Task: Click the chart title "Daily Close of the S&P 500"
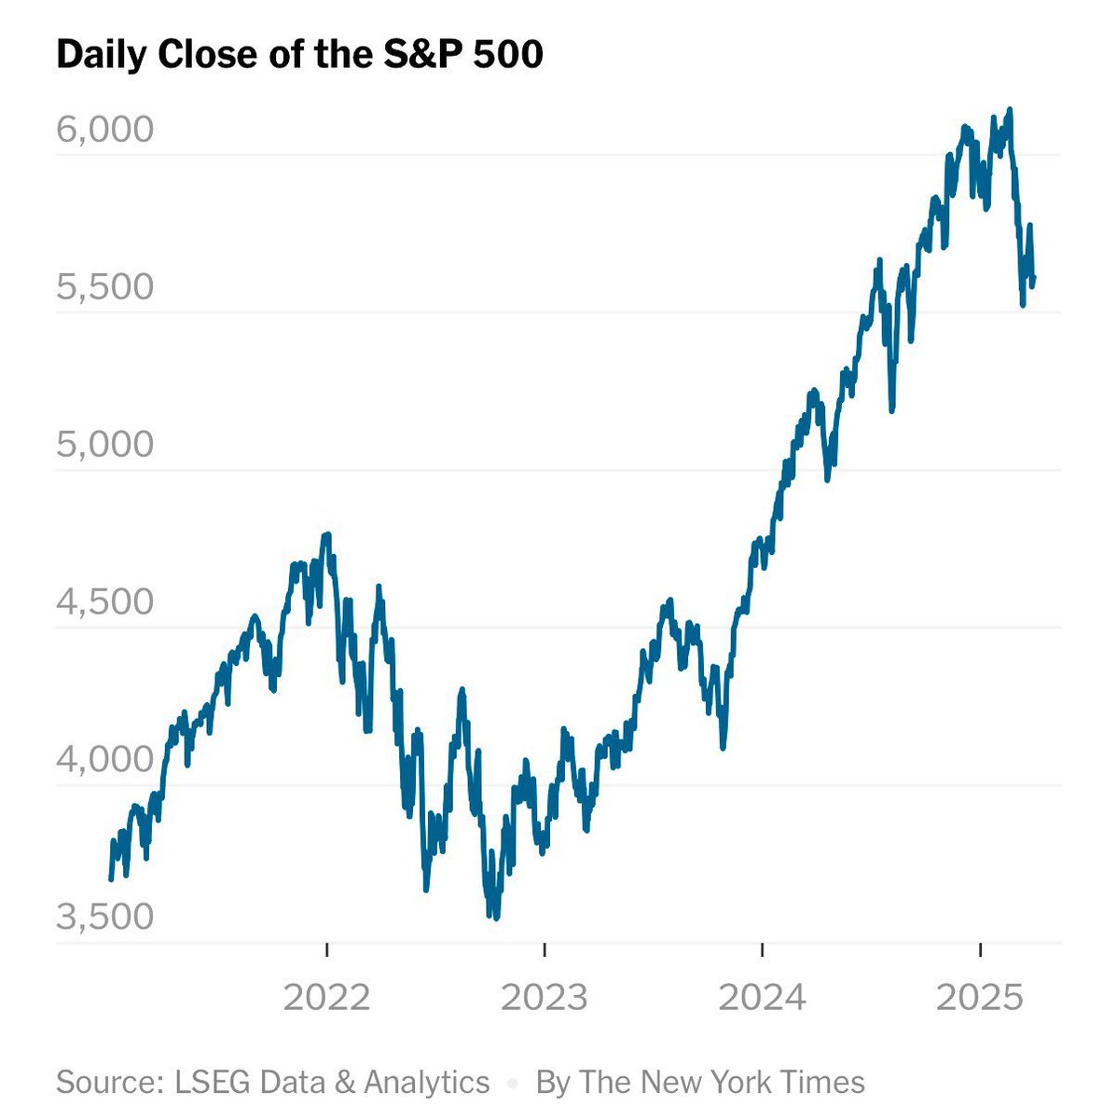coord(299,55)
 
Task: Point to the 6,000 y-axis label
coord(104,129)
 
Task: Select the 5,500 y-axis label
coord(104,286)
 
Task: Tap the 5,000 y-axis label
coord(104,444)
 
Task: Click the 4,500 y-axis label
coord(104,601)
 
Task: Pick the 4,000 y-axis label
coord(104,759)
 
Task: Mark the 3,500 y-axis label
coord(104,916)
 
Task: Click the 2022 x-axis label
coord(326,998)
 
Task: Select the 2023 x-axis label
coord(545,998)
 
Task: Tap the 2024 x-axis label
coord(763,998)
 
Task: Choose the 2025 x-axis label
coord(980,998)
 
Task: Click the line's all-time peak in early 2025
coord(1010,110)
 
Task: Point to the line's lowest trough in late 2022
coord(495,918)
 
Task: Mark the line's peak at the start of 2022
coord(326,535)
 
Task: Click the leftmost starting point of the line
coord(111,878)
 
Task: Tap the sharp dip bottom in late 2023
coord(723,747)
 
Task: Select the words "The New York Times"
coord(722,1082)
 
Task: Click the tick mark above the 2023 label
coord(545,950)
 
